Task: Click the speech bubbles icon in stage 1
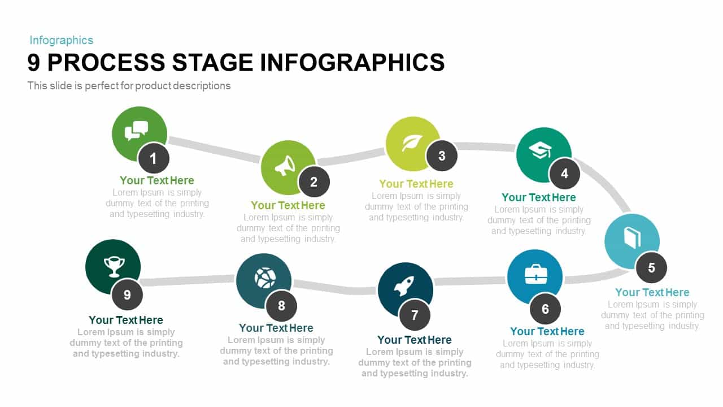coord(136,131)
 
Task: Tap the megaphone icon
coord(285,166)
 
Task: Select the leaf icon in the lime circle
coord(412,143)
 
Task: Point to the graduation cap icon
coord(540,151)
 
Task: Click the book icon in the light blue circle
coord(632,238)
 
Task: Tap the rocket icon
coord(404,286)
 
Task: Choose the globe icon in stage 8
coord(265,278)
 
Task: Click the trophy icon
coord(114,266)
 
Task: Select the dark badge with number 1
coord(154,159)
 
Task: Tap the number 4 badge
coord(564,174)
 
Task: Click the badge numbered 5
coord(651,268)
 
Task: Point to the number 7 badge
coord(415,315)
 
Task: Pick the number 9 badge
coord(127,295)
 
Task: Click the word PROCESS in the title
coord(106,62)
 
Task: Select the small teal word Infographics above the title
coord(62,40)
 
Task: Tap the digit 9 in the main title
coord(33,62)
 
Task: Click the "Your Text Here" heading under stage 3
coord(416,184)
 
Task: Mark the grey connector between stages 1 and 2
coord(214,149)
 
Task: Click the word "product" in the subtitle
coord(153,86)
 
